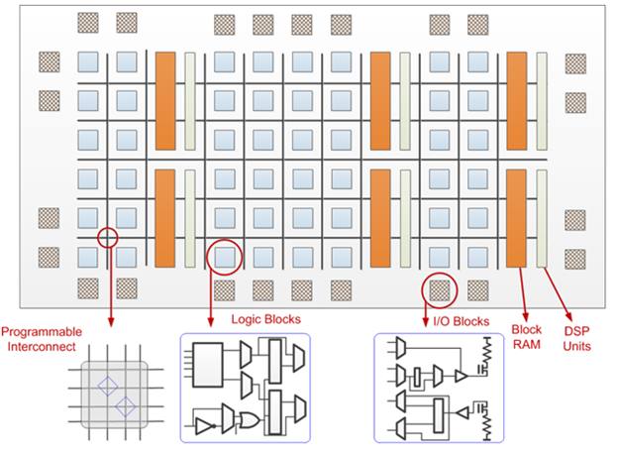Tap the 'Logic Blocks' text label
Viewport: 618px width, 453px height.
coord(265,319)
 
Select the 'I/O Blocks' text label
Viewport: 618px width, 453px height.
coord(462,320)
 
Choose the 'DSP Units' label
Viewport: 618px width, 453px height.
coord(576,340)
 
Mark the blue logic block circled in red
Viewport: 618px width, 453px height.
coord(225,257)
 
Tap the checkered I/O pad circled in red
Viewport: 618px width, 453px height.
coord(439,288)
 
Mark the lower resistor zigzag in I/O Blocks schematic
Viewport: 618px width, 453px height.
coord(487,422)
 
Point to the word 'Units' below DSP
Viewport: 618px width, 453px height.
coord(576,348)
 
